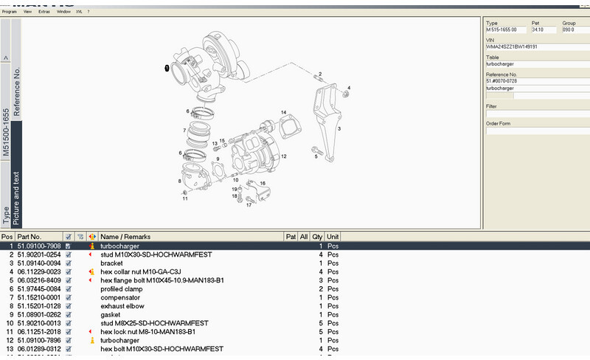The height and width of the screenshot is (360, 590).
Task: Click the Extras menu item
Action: pos(44,12)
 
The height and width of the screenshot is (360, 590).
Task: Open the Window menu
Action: pos(64,12)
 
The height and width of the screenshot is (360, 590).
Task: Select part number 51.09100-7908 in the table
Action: pos(39,245)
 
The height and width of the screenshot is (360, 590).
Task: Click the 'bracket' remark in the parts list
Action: pos(111,263)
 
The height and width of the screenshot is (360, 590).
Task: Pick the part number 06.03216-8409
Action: pos(39,280)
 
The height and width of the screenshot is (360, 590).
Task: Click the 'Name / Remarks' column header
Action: pos(125,236)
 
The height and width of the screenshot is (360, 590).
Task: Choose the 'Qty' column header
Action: pos(317,236)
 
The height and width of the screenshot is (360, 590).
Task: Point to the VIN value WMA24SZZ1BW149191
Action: pos(511,46)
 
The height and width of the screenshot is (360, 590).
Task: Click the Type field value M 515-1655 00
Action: pos(506,30)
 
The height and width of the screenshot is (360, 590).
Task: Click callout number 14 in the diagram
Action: pos(282,112)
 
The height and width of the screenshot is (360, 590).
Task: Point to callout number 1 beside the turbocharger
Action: pos(167,68)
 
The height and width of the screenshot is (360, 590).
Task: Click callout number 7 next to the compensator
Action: pos(184,131)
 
